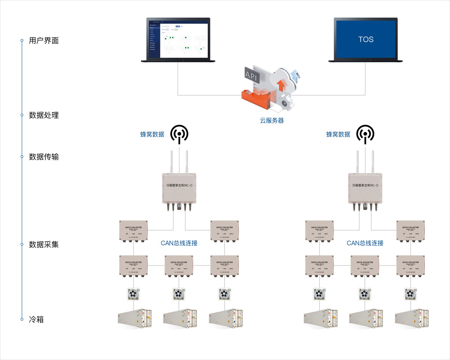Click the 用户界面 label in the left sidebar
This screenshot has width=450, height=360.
[44, 40]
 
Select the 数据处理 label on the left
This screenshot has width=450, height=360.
[44, 115]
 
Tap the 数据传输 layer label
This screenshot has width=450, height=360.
[44, 157]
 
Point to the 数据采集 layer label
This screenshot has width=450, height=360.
[44, 244]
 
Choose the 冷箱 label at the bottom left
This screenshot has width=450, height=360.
[36, 319]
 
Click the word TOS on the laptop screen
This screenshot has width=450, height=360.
[366, 39]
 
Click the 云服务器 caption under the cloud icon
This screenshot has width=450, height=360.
[272, 121]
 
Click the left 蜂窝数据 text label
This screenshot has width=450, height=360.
[152, 134]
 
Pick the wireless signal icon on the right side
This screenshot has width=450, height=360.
[365, 134]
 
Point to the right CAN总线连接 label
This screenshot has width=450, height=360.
[365, 243]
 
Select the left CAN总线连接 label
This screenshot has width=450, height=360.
[179, 243]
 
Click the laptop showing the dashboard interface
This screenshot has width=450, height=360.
[178, 39]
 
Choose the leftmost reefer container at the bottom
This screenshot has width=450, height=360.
[134, 319]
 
